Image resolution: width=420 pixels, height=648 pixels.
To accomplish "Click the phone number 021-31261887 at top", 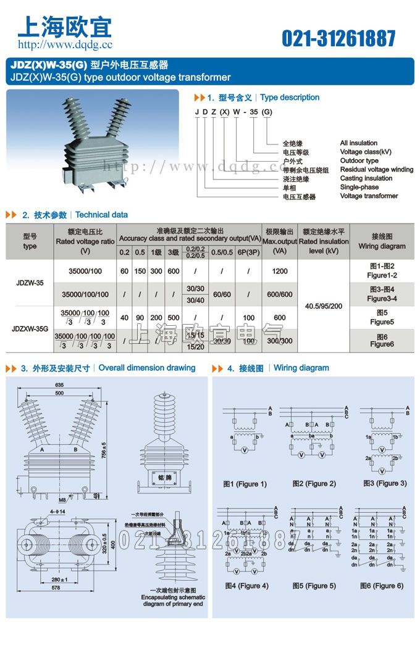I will (338, 39).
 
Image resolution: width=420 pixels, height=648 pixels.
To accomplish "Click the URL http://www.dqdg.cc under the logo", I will (65, 44).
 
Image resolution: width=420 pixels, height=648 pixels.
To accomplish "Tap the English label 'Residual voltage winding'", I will (376, 170).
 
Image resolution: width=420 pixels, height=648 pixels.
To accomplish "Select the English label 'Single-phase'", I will (359, 187).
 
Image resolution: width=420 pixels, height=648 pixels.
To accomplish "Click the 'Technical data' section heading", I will (101, 215).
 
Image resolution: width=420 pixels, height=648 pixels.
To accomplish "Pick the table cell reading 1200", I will (279, 271).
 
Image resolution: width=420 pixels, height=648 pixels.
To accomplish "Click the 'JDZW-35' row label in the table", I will (30, 283).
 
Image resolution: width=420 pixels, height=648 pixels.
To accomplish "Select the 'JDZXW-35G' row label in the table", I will (30, 329).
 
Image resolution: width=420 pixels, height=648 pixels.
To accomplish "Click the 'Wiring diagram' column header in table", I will (382, 241).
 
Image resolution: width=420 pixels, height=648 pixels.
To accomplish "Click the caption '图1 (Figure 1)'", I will (245, 484).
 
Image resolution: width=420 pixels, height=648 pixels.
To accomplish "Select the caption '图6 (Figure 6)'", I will (381, 586).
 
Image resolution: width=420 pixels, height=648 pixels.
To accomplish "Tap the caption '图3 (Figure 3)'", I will (385, 483).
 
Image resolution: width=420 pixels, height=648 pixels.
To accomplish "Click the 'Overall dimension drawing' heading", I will (147, 368).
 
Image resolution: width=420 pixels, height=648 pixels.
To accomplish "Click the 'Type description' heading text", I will (290, 98).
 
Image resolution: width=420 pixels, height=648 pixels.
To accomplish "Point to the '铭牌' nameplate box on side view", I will (164, 478).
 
